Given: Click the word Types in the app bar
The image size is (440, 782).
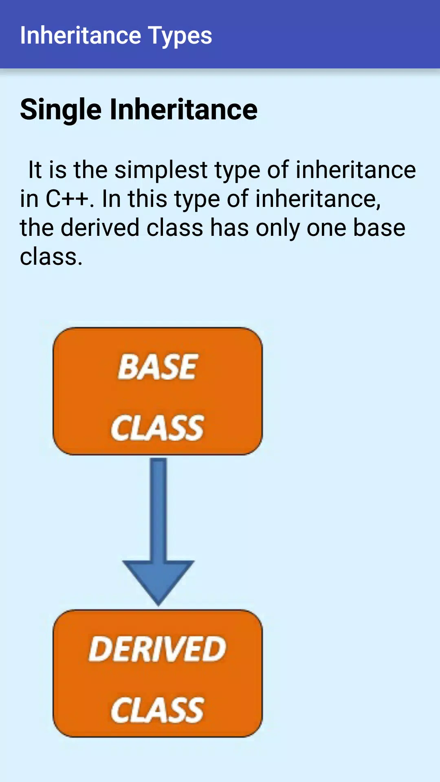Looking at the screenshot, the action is tap(180, 36).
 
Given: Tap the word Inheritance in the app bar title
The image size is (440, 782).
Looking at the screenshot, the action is tap(81, 35).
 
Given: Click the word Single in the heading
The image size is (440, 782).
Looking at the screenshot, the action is tap(61, 110).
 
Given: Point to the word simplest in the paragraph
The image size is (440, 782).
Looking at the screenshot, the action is tap(161, 170).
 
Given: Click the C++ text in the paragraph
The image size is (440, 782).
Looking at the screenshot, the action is tap(67, 199).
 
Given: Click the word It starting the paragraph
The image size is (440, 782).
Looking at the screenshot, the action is tap(35, 170).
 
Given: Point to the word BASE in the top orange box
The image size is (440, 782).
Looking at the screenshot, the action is tap(158, 367).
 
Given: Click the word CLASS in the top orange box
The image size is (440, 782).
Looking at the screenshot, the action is tap(157, 428).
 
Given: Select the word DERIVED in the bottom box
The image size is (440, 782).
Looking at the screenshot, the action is tap(157, 649).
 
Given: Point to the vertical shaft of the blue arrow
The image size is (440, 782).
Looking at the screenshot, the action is tap(158, 510).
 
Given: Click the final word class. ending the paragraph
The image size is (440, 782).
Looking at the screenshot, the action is tap(51, 257).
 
